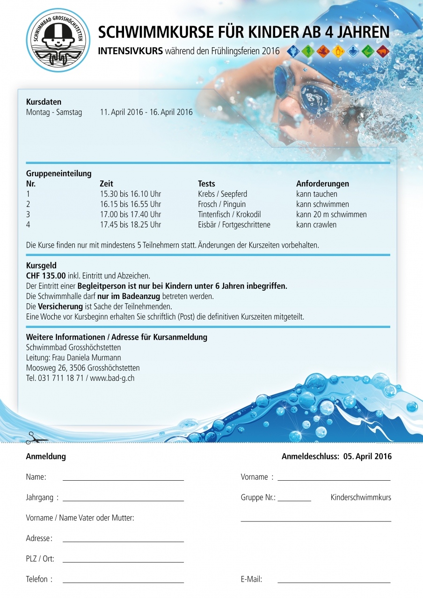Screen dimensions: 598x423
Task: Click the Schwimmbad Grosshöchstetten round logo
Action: pyautogui.click(x=56, y=41)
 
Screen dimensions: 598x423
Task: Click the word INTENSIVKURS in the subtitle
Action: pyautogui.click(x=130, y=51)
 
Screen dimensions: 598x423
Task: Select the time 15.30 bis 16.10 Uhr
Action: pyautogui.click(x=131, y=194)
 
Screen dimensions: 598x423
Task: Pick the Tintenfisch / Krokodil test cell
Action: pyautogui.click(x=229, y=214)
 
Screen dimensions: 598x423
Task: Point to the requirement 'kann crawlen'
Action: pyautogui.click(x=316, y=225)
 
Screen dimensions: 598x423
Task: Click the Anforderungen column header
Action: pyautogui.click(x=322, y=184)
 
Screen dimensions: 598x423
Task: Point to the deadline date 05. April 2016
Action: pyautogui.click(x=367, y=456)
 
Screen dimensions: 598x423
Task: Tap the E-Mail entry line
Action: pyautogui.click(x=334, y=582)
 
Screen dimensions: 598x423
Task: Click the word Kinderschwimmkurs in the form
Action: pyautogui.click(x=361, y=497)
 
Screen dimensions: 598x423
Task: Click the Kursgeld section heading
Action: pyautogui.click(x=41, y=265)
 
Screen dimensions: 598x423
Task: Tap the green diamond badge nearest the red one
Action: pyautogui.click(x=368, y=51)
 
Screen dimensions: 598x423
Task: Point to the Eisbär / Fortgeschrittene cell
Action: pyautogui.click(x=234, y=225)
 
